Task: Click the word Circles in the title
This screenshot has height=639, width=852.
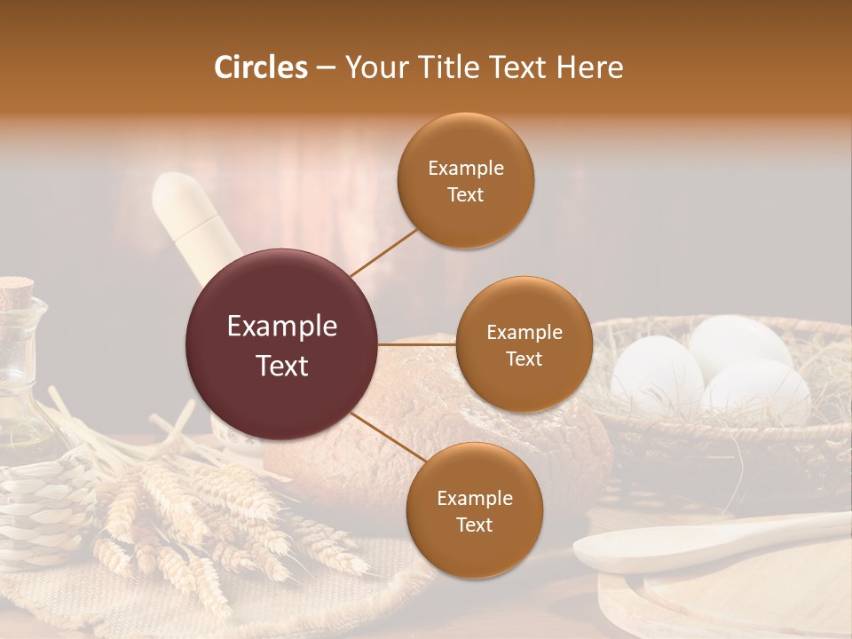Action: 261,67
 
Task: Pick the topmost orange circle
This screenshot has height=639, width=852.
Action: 466,180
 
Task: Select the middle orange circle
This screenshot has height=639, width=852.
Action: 525,344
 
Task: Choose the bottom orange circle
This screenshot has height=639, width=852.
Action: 474,510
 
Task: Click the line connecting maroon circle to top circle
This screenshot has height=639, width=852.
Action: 384,252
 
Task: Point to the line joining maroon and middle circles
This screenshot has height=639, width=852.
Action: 417,344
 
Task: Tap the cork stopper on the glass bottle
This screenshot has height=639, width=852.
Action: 15,291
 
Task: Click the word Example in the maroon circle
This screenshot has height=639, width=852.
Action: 282,327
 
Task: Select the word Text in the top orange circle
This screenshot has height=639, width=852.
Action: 466,194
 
